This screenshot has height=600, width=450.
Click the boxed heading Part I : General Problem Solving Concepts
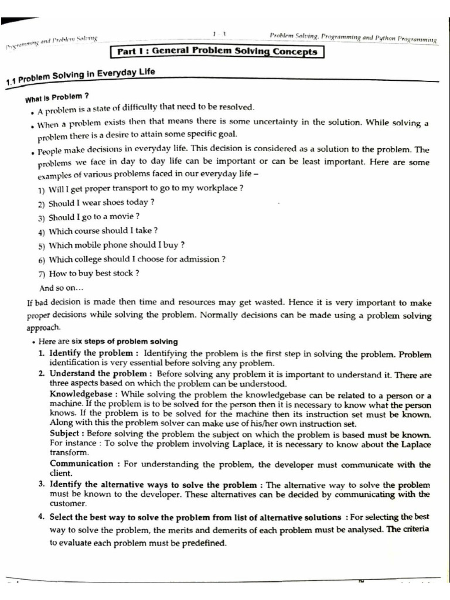tap(217, 52)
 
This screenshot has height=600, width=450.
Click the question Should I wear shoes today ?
tap(97, 203)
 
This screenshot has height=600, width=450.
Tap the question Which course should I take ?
tap(98, 231)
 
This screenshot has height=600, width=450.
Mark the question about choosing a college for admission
tap(132, 259)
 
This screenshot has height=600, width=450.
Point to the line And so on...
tap(62, 288)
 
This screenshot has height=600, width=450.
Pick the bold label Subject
tap(66, 434)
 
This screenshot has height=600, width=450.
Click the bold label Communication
tap(81, 464)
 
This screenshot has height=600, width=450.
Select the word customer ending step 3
tap(68, 503)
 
